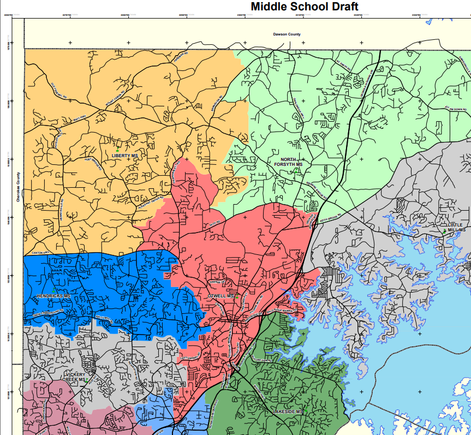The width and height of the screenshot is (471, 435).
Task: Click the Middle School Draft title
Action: point(305,7)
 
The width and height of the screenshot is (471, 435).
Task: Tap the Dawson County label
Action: point(287,34)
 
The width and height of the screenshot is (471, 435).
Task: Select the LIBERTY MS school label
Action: point(124,156)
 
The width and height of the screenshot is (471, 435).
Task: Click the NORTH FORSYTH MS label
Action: point(288,162)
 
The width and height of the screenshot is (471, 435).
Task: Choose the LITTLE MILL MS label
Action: point(455,228)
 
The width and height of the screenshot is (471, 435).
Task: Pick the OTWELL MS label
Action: point(220,296)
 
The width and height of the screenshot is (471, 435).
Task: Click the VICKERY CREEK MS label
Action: point(74,377)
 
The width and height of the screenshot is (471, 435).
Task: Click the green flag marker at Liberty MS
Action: point(117,150)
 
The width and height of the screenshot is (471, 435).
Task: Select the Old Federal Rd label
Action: point(58,90)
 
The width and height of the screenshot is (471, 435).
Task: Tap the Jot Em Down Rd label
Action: point(456,109)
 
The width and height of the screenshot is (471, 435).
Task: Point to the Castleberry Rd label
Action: point(190,358)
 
